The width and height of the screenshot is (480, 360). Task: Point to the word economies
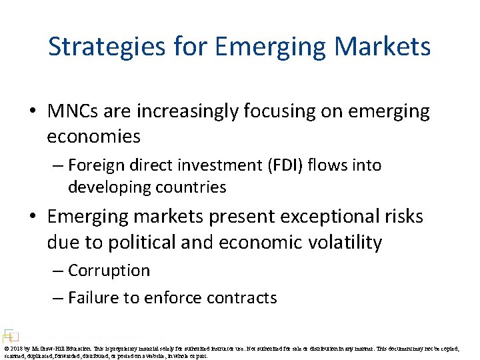click(x=93, y=137)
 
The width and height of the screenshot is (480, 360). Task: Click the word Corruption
click(x=109, y=271)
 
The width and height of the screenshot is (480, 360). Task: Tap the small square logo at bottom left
click(x=9, y=335)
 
